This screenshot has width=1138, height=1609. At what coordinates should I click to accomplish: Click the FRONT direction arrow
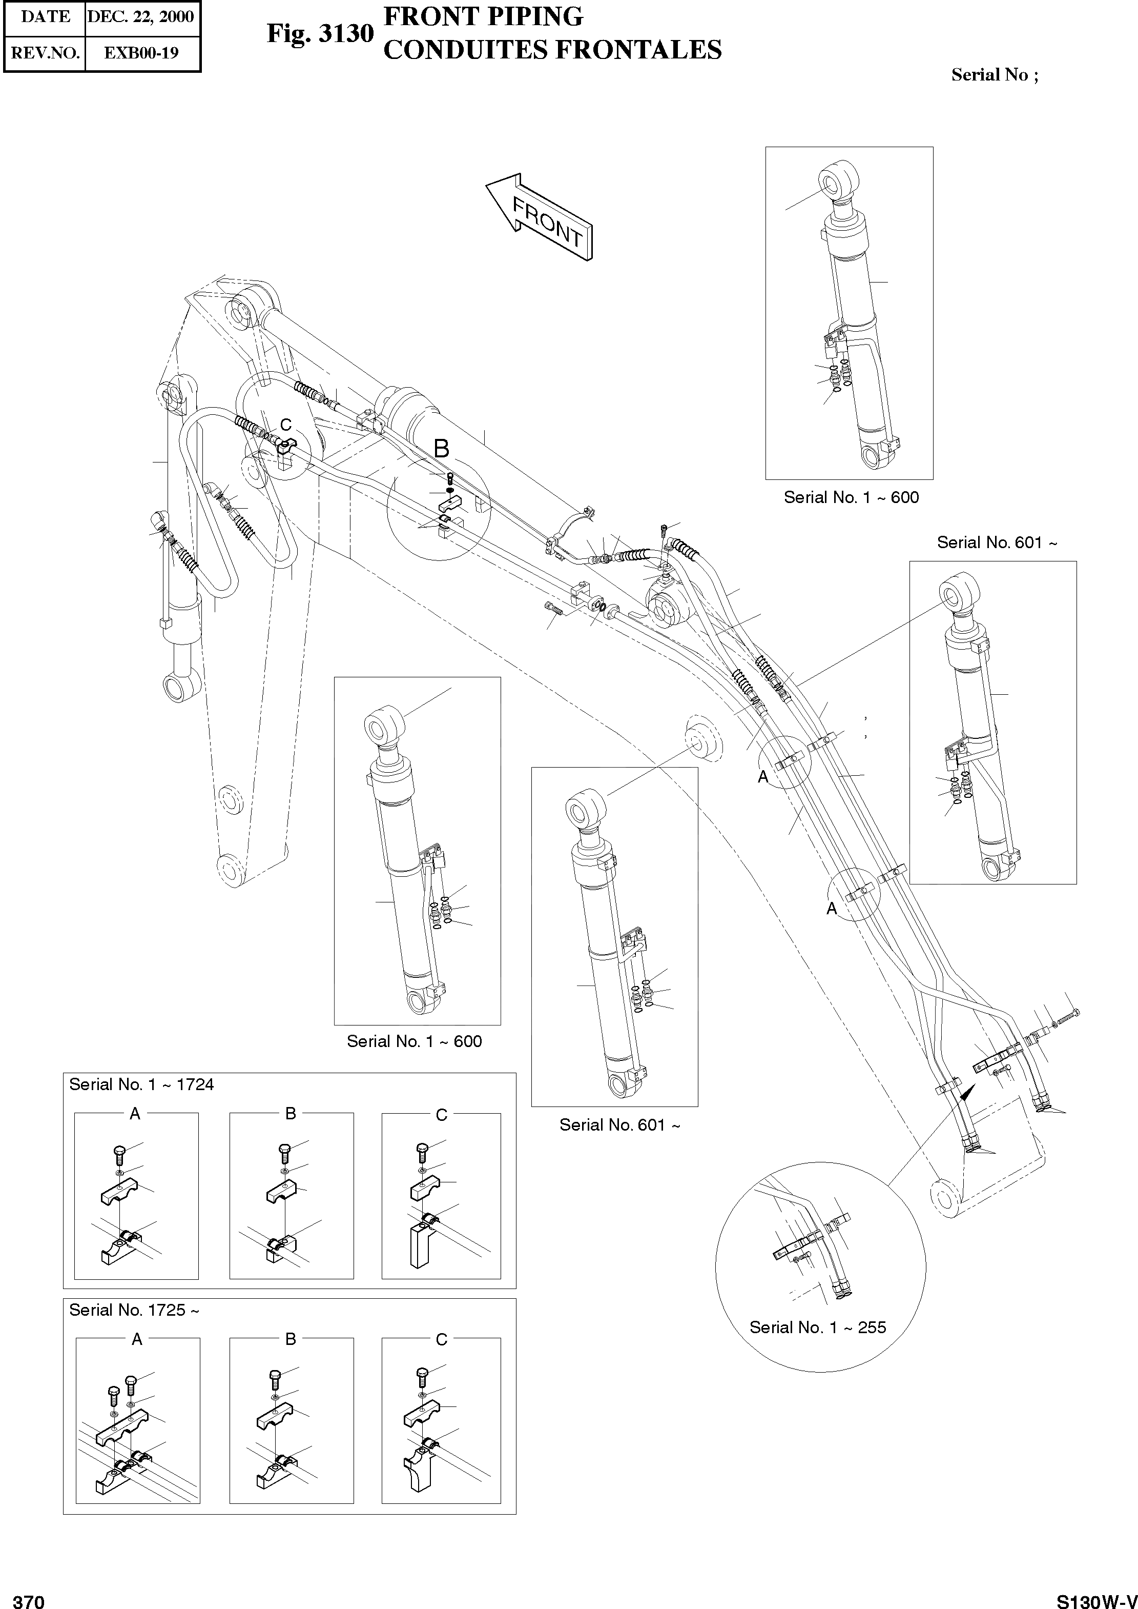[x=540, y=217]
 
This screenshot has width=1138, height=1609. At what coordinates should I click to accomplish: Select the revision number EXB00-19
[x=141, y=53]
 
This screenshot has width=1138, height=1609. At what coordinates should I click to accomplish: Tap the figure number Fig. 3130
[x=320, y=33]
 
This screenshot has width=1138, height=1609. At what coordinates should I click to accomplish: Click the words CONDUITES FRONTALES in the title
[x=552, y=50]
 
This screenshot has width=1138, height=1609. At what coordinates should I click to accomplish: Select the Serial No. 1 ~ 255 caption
[x=818, y=1327]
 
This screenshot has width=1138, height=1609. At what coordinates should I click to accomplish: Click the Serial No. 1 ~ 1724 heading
[x=141, y=1084]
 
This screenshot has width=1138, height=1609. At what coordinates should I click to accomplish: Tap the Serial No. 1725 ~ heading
[x=134, y=1311]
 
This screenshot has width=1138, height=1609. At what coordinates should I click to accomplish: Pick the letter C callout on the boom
[x=286, y=425]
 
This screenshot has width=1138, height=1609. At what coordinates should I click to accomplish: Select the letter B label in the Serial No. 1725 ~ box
[x=291, y=1339]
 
